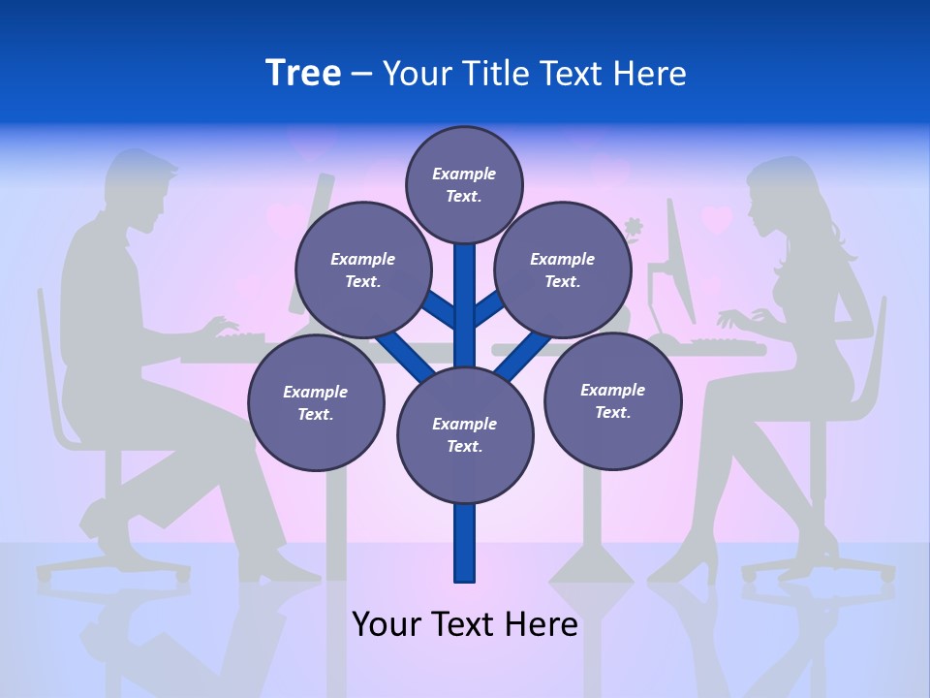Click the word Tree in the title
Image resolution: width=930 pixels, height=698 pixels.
(303, 73)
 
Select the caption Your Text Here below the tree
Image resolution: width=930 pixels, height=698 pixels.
(464, 624)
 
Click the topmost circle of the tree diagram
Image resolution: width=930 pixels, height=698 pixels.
(464, 184)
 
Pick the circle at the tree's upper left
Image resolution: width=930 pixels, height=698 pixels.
(363, 270)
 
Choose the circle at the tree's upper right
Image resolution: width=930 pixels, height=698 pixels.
(563, 270)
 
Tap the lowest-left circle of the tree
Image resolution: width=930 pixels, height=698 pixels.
(316, 403)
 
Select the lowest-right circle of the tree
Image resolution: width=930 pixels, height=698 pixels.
(612, 400)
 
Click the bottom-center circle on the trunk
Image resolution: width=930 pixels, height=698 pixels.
(465, 435)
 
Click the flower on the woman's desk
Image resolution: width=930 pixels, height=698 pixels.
(635, 230)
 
